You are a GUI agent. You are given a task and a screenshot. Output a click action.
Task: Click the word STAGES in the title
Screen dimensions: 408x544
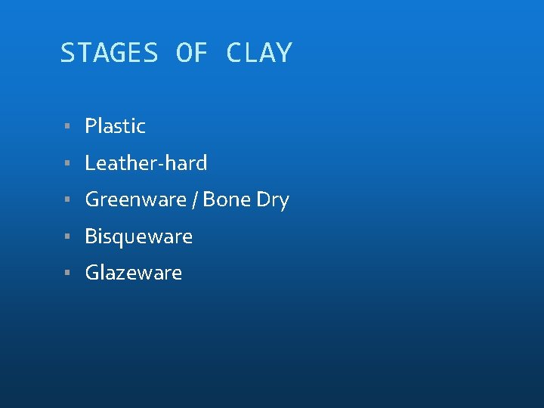109,53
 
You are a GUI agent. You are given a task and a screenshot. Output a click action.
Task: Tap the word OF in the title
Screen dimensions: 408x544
191,53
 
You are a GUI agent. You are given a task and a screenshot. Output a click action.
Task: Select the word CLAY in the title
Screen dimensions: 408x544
258,53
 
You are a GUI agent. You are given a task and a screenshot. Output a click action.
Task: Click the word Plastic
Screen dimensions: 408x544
115,126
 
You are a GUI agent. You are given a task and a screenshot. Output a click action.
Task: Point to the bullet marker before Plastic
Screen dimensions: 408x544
68,126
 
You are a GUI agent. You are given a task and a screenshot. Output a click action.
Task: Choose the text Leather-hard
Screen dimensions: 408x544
146,163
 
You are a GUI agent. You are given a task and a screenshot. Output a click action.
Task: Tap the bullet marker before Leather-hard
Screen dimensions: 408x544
68,163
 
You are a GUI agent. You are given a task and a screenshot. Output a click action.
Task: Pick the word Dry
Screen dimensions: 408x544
273,201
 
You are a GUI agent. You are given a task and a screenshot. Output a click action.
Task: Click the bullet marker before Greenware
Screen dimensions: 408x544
68,200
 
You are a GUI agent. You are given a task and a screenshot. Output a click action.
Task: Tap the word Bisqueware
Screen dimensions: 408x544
138,237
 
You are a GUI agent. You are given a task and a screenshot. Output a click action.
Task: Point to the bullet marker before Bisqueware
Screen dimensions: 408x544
68,237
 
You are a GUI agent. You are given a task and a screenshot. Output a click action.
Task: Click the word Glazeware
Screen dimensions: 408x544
133,273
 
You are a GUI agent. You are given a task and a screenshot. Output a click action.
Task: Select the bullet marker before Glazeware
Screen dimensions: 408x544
68,273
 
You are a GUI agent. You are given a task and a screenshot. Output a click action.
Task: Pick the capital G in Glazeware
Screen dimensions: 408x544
92,273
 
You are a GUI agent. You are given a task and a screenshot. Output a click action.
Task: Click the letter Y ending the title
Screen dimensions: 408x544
283,53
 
